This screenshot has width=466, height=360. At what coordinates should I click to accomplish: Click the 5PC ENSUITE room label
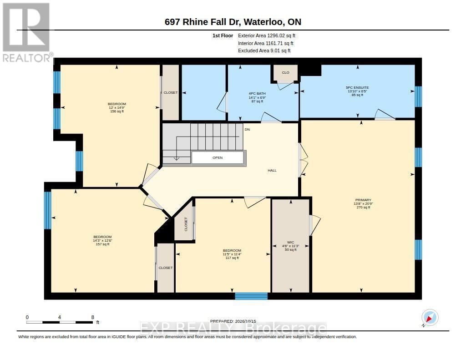click(357, 88)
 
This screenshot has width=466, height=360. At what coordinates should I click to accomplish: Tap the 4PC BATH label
click(257, 94)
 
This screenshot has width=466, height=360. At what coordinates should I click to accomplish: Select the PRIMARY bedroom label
click(363, 200)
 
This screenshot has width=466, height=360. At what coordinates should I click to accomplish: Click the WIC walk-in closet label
click(291, 242)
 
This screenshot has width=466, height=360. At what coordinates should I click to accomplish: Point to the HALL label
click(272, 170)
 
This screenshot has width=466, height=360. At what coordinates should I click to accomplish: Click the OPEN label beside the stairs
click(218, 157)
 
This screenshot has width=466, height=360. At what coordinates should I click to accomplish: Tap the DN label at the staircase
click(247, 130)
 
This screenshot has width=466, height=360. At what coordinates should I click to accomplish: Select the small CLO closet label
click(286, 72)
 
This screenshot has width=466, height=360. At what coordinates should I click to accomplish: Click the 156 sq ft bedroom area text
click(117, 112)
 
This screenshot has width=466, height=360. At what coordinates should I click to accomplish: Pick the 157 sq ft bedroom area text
click(102, 244)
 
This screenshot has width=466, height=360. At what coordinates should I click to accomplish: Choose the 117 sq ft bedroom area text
click(232, 258)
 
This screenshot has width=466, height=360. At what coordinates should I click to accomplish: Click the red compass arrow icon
click(429, 319)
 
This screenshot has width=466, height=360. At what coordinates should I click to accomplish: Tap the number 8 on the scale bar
click(93, 318)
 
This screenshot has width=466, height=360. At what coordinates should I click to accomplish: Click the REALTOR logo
click(28, 33)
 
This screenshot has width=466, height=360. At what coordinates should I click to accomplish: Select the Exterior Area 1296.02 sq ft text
click(267, 35)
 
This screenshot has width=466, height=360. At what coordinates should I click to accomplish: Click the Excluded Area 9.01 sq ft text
click(264, 51)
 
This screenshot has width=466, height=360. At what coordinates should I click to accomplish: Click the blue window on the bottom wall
click(251, 296)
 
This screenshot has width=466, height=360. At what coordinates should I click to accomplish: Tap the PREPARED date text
click(233, 321)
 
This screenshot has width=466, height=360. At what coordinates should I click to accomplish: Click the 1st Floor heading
click(223, 35)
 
